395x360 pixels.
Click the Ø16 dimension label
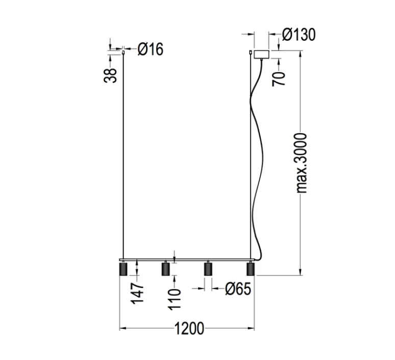[x=151, y=50]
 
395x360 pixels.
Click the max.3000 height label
[x=302, y=163]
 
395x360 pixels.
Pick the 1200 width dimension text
[x=187, y=328]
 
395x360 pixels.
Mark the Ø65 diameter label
[x=238, y=290]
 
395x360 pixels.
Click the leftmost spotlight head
[x=124, y=269]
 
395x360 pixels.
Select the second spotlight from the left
[x=165, y=269]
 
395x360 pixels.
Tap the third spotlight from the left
[x=208, y=269]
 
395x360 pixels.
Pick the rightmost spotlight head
[x=250, y=269]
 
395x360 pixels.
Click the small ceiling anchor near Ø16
[x=124, y=51]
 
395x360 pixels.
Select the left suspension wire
[x=124, y=153]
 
